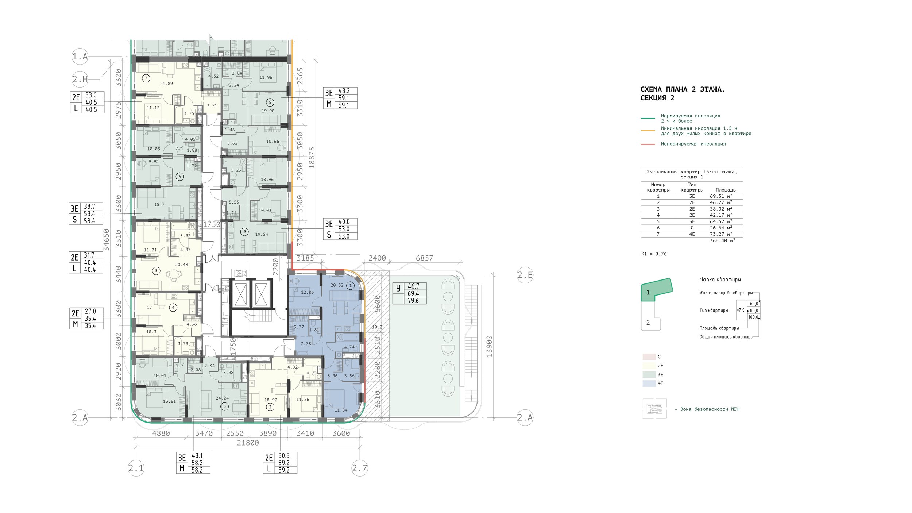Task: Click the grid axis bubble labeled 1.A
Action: point(80,57)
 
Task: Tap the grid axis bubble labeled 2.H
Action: point(80,79)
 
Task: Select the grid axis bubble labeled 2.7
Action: point(360,468)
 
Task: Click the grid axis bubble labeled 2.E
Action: point(525,275)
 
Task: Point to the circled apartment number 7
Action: point(146,78)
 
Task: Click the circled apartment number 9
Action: point(244,232)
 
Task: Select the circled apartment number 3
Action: point(224,406)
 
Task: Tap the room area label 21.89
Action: point(166,84)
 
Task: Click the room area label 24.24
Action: point(222,398)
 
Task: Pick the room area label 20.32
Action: point(337,285)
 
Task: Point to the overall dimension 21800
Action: point(248,443)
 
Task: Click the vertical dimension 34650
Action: point(106,240)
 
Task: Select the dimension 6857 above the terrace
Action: point(425,258)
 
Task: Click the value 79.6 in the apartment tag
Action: point(413,301)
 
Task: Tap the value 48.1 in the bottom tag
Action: point(197,455)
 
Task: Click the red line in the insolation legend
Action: point(648,144)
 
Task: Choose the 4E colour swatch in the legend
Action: point(649,383)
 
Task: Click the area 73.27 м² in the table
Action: point(721,234)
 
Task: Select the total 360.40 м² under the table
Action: point(722,240)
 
